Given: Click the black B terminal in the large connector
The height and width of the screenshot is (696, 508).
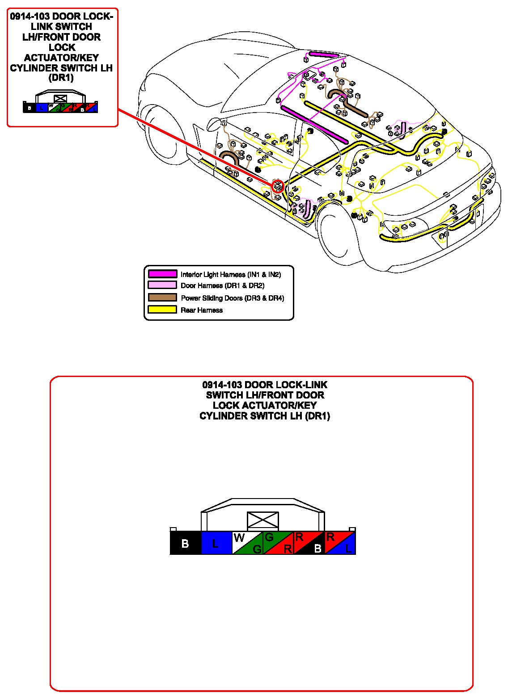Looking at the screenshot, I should pyautogui.click(x=185, y=543).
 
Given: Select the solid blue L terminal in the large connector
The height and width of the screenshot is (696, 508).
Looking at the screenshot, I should pyautogui.click(x=216, y=543).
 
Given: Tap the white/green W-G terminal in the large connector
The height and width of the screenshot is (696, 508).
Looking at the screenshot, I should pyautogui.click(x=247, y=543).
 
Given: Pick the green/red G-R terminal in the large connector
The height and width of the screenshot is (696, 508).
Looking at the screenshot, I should pyautogui.click(x=278, y=543).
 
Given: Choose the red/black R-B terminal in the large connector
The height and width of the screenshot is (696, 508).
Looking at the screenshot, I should pyautogui.click(x=309, y=543).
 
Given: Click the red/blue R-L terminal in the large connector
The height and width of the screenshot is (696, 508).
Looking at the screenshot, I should pyautogui.click(x=340, y=543).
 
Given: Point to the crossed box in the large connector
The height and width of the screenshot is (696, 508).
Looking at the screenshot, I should pyautogui.click(x=263, y=521).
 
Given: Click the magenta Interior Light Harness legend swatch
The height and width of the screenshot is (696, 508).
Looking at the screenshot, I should pyautogui.click(x=162, y=274).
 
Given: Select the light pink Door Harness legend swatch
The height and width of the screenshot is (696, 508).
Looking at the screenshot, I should pyautogui.click(x=162, y=285).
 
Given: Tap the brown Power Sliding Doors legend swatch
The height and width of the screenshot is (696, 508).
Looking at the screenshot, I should pyautogui.click(x=162, y=298).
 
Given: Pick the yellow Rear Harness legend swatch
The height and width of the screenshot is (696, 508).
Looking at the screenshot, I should pyautogui.click(x=162, y=310).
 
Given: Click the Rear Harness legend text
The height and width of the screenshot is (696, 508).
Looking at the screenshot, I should pyautogui.click(x=202, y=310).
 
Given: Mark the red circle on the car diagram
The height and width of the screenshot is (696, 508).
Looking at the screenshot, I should pyautogui.click(x=278, y=186).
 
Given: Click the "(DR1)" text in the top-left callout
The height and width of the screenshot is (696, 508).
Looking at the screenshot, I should pyautogui.click(x=61, y=78).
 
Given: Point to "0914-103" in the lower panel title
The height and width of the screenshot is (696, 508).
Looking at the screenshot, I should pyautogui.click(x=222, y=385).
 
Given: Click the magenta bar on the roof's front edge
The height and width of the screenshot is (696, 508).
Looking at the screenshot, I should pyautogui.click(x=323, y=55).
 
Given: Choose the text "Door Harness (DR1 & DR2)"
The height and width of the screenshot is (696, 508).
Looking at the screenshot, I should pyautogui.click(x=222, y=285).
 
